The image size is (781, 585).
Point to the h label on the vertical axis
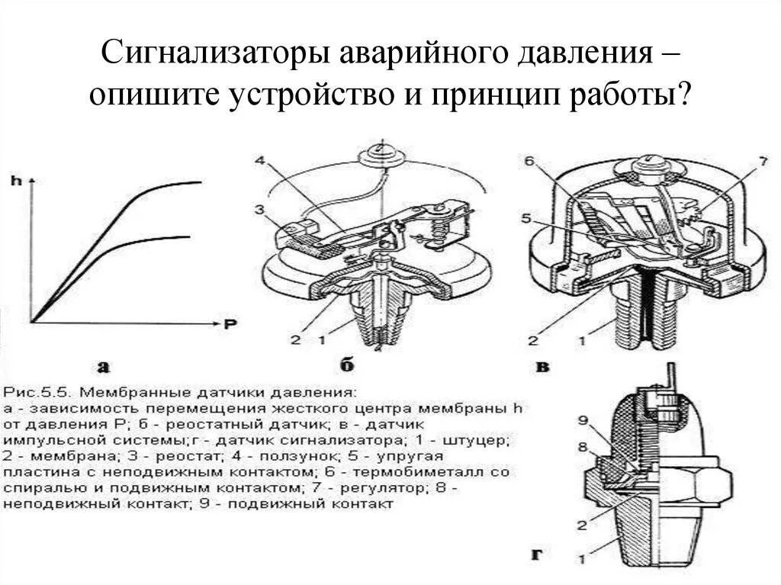pos(16,181)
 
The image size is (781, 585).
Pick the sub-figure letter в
pos(544,367)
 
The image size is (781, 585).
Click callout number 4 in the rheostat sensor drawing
pos(259,160)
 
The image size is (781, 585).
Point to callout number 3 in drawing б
pos(259,208)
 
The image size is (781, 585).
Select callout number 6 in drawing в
pos(529,160)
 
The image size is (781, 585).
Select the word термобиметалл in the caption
pos(434,472)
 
